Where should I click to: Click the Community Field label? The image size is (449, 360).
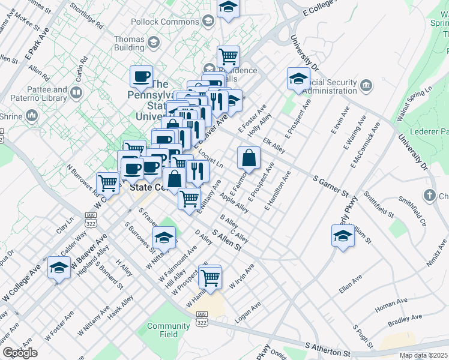click(x=160, y=330)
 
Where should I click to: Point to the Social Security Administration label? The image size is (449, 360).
click(x=342, y=86)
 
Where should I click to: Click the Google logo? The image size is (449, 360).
click(x=20, y=353)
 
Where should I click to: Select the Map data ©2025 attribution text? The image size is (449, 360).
click(x=423, y=355)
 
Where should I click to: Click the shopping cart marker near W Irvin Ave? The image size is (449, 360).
click(x=210, y=277)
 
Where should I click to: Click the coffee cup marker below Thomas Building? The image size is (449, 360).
click(x=142, y=77)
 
